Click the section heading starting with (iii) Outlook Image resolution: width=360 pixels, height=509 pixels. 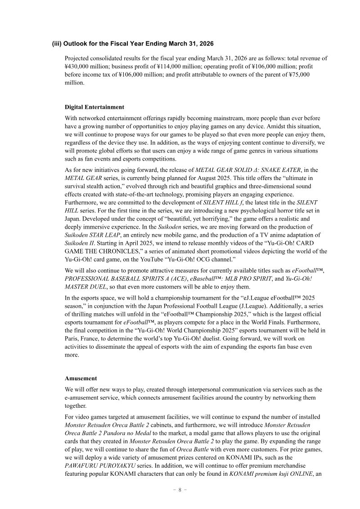point(133,44)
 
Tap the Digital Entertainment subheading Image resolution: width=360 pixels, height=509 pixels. point(94,107)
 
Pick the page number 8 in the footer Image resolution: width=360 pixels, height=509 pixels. point(180,490)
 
